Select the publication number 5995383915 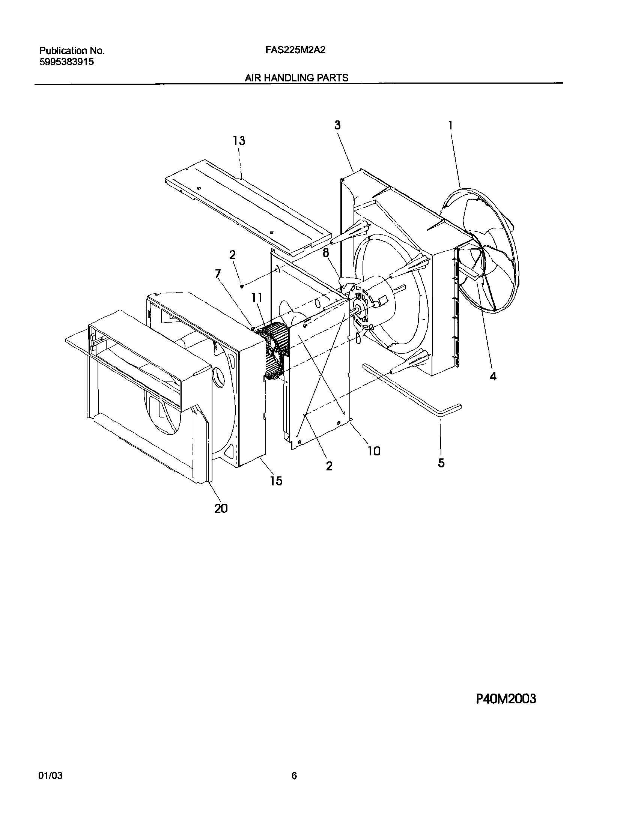(x=67, y=62)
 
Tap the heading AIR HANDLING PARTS (x=296, y=78)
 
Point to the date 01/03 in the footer (x=50, y=773)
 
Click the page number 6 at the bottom (x=294, y=773)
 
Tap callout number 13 (x=239, y=141)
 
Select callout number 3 (x=337, y=125)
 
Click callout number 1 (x=450, y=125)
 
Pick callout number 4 (x=493, y=376)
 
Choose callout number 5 (x=441, y=463)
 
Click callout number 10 (x=374, y=451)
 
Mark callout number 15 (x=276, y=481)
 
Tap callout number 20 (x=221, y=508)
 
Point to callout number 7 (x=217, y=274)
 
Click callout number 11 (x=257, y=298)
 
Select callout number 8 (x=326, y=253)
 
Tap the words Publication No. (x=72, y=51)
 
